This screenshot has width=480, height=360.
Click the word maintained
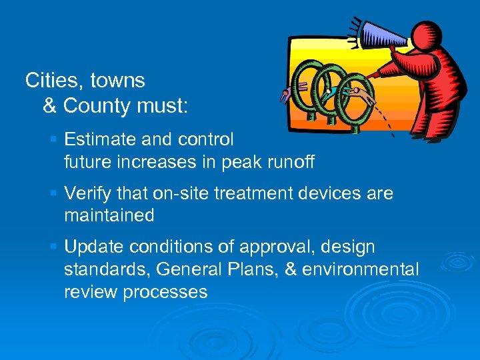(109, 215)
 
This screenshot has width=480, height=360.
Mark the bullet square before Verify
(54, 193)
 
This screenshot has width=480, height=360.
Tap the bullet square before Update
(54, 247)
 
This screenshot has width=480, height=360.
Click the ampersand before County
(50, 105)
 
